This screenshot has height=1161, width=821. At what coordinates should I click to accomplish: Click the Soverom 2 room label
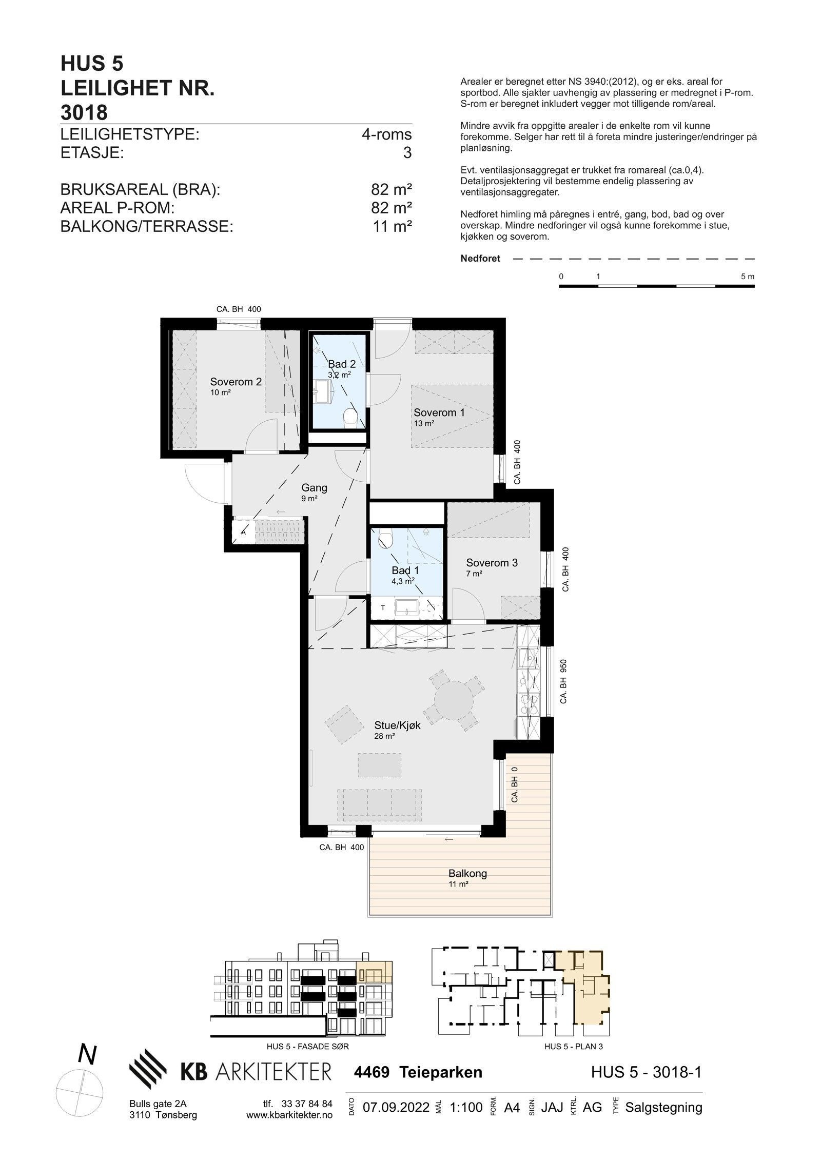click(236, 382)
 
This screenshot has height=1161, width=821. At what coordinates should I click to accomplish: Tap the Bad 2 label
click(342, 364)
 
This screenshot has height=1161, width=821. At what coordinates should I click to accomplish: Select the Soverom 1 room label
click(439, 412)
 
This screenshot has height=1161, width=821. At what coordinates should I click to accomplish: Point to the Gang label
click(314, 488)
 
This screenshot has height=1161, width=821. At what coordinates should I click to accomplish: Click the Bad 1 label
click(405, 570)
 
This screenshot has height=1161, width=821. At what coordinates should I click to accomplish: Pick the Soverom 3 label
click(492, 563)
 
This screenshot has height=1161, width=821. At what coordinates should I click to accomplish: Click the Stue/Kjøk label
click(397, 725)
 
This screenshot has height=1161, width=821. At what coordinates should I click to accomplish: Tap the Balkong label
click(467, 873)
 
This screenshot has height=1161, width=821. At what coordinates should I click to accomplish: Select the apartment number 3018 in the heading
click(84, 112)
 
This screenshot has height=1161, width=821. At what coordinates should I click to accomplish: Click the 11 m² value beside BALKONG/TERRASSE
click(393, 226)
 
